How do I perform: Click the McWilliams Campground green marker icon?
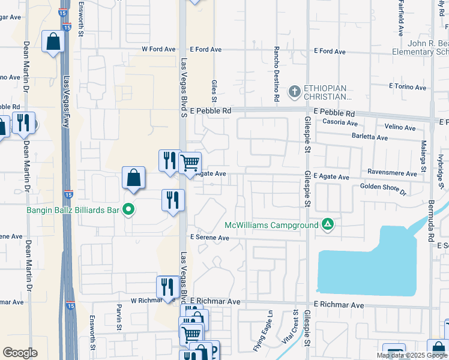click(x=328, y=225)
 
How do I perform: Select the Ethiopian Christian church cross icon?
click(x=294, y=92)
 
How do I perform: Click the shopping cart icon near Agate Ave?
click(x=190, y=163)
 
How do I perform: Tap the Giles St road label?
click(x=214, y=90)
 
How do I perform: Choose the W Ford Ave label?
click(x=158, y=49)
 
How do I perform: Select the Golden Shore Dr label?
click(x=383, y=190)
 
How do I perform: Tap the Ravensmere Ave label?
click(x=393, y=173)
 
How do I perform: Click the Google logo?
click(x=20, y=353)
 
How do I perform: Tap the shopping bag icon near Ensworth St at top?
click(x=53, y=42)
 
